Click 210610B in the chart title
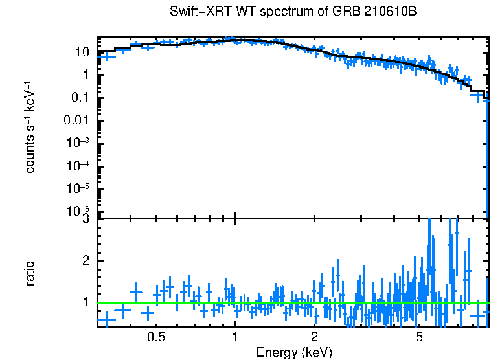click(392, 12)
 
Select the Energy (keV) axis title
click(294, 352)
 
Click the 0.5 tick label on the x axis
click(155, 337)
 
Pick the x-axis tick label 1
click(235, 337)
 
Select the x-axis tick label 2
click(314, 337)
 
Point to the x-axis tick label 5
click(419, 337)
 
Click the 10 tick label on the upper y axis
click(82, 52)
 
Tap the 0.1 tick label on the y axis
click(79, 98)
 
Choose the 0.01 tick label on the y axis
click(76, 120)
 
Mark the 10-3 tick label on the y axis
click(78, 143)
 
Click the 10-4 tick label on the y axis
click(78, 166)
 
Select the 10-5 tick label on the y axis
click(78, 188)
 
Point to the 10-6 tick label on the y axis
click(78, 211)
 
